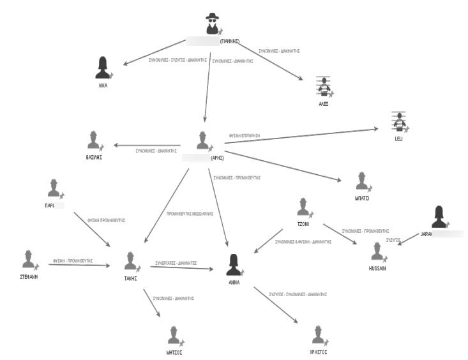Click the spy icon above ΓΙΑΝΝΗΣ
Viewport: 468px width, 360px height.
coord(212,25)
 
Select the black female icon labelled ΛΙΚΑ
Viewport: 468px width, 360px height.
coord(103,67)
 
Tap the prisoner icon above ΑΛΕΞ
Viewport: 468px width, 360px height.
coord(325,86)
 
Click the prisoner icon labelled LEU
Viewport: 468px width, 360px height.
coord(400,121)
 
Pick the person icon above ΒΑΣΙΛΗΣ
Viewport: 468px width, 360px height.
coord(94,140)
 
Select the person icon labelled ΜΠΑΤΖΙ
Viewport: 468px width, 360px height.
coord(362,182)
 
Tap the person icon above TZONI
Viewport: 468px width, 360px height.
coord(303,207)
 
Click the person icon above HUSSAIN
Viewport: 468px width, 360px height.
coord(377,252)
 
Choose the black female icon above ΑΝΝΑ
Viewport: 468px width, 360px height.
coord(233,264)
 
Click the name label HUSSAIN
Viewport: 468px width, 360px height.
coord(377,269)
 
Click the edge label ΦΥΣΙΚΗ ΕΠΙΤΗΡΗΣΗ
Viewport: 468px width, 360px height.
coord(245,136)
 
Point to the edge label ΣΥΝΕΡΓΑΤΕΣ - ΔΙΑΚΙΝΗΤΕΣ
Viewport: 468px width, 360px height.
coord(176,262)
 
